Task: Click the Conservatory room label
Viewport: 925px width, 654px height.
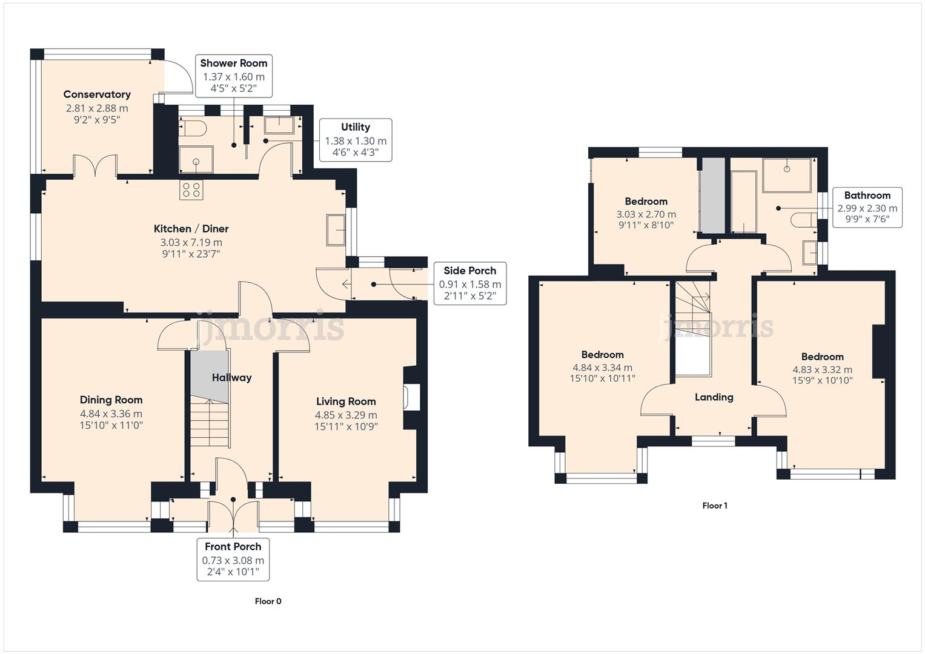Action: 97,94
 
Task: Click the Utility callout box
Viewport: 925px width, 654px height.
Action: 356,140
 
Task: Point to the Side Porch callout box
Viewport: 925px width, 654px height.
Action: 469,283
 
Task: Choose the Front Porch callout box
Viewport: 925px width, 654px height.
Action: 233,560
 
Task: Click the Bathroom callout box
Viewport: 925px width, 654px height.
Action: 867,208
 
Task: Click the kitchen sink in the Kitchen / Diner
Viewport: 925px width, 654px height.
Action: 336,230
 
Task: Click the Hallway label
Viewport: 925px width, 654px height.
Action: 231,378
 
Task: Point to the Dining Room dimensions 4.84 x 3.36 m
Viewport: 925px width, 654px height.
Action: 111,414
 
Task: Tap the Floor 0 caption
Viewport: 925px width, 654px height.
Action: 268,601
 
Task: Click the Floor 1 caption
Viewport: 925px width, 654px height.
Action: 714,506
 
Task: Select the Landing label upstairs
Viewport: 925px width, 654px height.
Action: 714,397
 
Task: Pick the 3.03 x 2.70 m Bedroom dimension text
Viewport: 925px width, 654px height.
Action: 646,214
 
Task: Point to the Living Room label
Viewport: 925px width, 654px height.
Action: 346,401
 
